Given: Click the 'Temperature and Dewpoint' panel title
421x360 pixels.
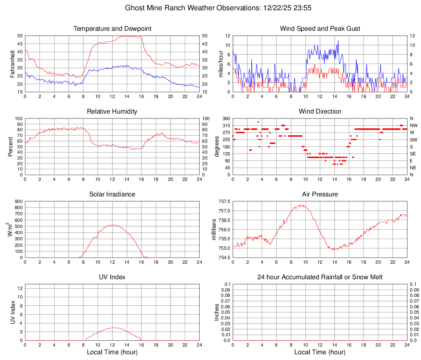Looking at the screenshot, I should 112,29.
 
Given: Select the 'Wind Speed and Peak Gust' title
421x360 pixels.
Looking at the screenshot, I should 320,29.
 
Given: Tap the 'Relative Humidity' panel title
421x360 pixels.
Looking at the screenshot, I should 112,112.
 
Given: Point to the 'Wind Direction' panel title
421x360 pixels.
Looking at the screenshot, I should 320,112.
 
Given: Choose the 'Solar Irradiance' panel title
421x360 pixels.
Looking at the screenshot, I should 112,194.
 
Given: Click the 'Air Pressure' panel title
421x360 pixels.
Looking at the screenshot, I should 320,194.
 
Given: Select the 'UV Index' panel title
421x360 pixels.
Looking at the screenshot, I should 112,277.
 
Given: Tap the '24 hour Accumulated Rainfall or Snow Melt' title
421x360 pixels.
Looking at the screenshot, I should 320,277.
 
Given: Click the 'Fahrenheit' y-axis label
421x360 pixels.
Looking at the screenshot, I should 13,64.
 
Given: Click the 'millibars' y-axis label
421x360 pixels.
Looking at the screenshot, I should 214,230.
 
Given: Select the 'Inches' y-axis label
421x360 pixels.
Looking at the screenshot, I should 217,312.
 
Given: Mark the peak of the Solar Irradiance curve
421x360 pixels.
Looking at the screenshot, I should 112,225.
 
